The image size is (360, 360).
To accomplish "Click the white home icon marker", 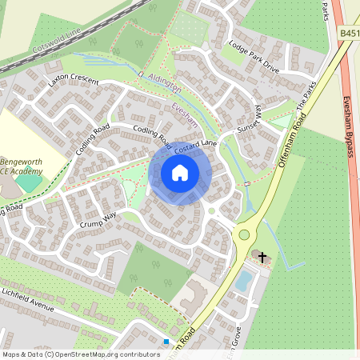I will point(180,173).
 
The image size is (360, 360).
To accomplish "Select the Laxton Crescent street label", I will point(73,82).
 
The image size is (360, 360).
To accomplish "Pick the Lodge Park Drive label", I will point(253,57).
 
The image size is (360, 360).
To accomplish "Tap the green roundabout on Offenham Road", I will point(244,234).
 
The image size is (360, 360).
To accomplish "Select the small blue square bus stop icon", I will point(166,342).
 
